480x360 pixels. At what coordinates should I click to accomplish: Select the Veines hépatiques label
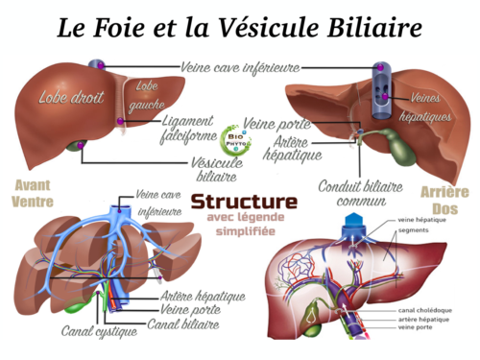click(x=430, y=108)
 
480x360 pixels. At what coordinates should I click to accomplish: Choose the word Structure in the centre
click(x=245, y=204)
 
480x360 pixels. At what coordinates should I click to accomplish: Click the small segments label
click(x=413, y=229)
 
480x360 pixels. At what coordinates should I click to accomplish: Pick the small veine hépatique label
click(x=422, y=220)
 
